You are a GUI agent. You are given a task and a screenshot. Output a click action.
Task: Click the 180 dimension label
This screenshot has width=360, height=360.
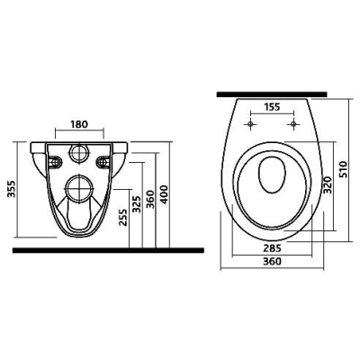[x=79, y=124]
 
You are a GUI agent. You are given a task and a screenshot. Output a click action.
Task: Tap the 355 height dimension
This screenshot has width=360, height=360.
[x=12, y=189]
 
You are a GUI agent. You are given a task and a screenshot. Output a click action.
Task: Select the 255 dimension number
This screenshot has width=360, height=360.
[x=123, y=217]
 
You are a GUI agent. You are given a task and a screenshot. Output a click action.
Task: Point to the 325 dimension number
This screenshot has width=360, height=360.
[x=137, y=204]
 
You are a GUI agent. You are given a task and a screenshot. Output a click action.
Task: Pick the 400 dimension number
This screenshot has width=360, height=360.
[x=165, y=194]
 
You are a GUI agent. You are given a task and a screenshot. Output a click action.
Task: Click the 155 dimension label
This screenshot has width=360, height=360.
[x=272, y=107]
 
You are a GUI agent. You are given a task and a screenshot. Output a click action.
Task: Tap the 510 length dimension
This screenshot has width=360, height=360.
[x=343, y=169]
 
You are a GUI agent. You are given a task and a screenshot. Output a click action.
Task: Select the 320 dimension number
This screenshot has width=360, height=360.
[x=327, y=185]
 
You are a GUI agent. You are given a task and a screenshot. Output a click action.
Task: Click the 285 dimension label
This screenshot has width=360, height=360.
[x=273, y=248]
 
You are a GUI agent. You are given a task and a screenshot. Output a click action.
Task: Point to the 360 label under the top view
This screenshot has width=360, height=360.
[x=273, y=261]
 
